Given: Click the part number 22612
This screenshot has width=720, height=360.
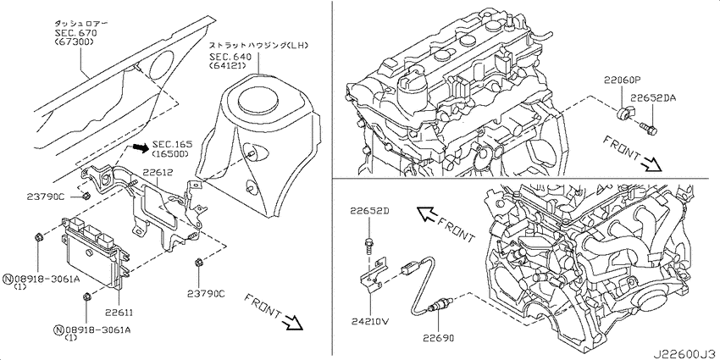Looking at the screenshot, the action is [158, 172].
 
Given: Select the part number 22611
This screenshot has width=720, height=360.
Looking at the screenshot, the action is [119, 313].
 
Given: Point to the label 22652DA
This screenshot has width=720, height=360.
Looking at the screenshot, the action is [652, 97].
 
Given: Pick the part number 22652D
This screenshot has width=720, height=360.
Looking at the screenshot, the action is [369, 211].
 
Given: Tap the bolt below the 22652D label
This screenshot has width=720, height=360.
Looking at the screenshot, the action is [368, 244].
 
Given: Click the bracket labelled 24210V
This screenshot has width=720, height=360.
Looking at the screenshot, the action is [373, 275].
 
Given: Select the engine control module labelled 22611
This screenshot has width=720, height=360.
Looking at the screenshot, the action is [93, 252].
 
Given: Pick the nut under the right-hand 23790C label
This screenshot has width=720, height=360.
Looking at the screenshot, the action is [199, 263].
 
